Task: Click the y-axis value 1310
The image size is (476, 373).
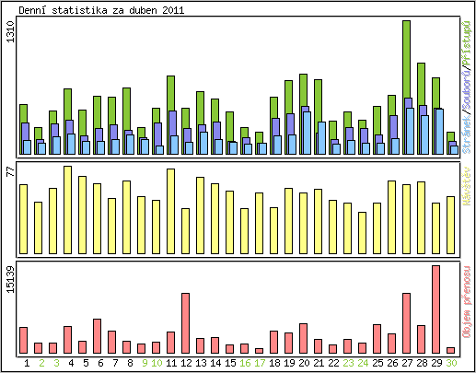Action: coord(10,38)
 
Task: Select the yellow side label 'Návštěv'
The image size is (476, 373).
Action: coord(468,188)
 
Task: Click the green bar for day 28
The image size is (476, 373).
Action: coord(421,83)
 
